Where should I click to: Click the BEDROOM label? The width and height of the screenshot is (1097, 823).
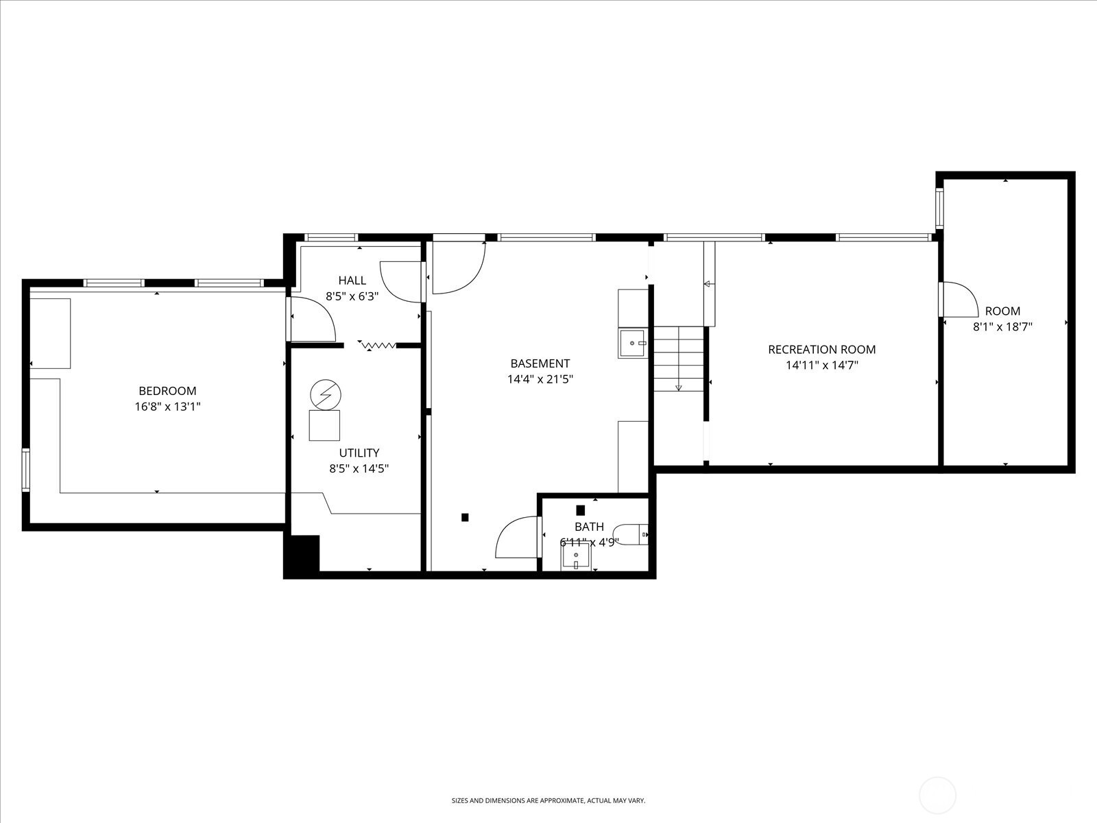click(x=167, y=391)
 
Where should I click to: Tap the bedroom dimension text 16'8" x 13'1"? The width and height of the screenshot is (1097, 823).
click(x=167, y=407)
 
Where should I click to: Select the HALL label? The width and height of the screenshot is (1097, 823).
click(x=352, y=281)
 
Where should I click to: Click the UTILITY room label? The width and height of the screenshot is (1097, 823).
click(x=359, y=453)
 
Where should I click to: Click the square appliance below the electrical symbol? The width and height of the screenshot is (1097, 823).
click(x=324, y=425)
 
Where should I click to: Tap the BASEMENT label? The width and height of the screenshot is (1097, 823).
click(x=540, y=363)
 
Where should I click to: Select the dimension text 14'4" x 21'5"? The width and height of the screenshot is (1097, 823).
click(x=540, y=379)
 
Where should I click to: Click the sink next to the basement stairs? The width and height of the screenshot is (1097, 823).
click(x=632, y=343)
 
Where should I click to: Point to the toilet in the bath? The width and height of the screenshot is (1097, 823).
click(x=630, y=534)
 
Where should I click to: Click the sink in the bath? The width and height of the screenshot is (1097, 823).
click(x=576, y=557)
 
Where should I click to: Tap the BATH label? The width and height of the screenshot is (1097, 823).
click(x=589, y=527)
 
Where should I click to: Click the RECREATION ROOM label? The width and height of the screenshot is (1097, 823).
click(x=821, y=350)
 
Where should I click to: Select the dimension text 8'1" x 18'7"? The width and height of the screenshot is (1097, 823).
click(x=1002, y=327)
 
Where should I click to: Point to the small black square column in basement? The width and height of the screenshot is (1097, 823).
click(x=465, y=517)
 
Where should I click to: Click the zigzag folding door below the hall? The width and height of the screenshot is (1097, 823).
click(x=378, y=344)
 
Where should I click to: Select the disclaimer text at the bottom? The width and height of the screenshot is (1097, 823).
click(x=548, y=800)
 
